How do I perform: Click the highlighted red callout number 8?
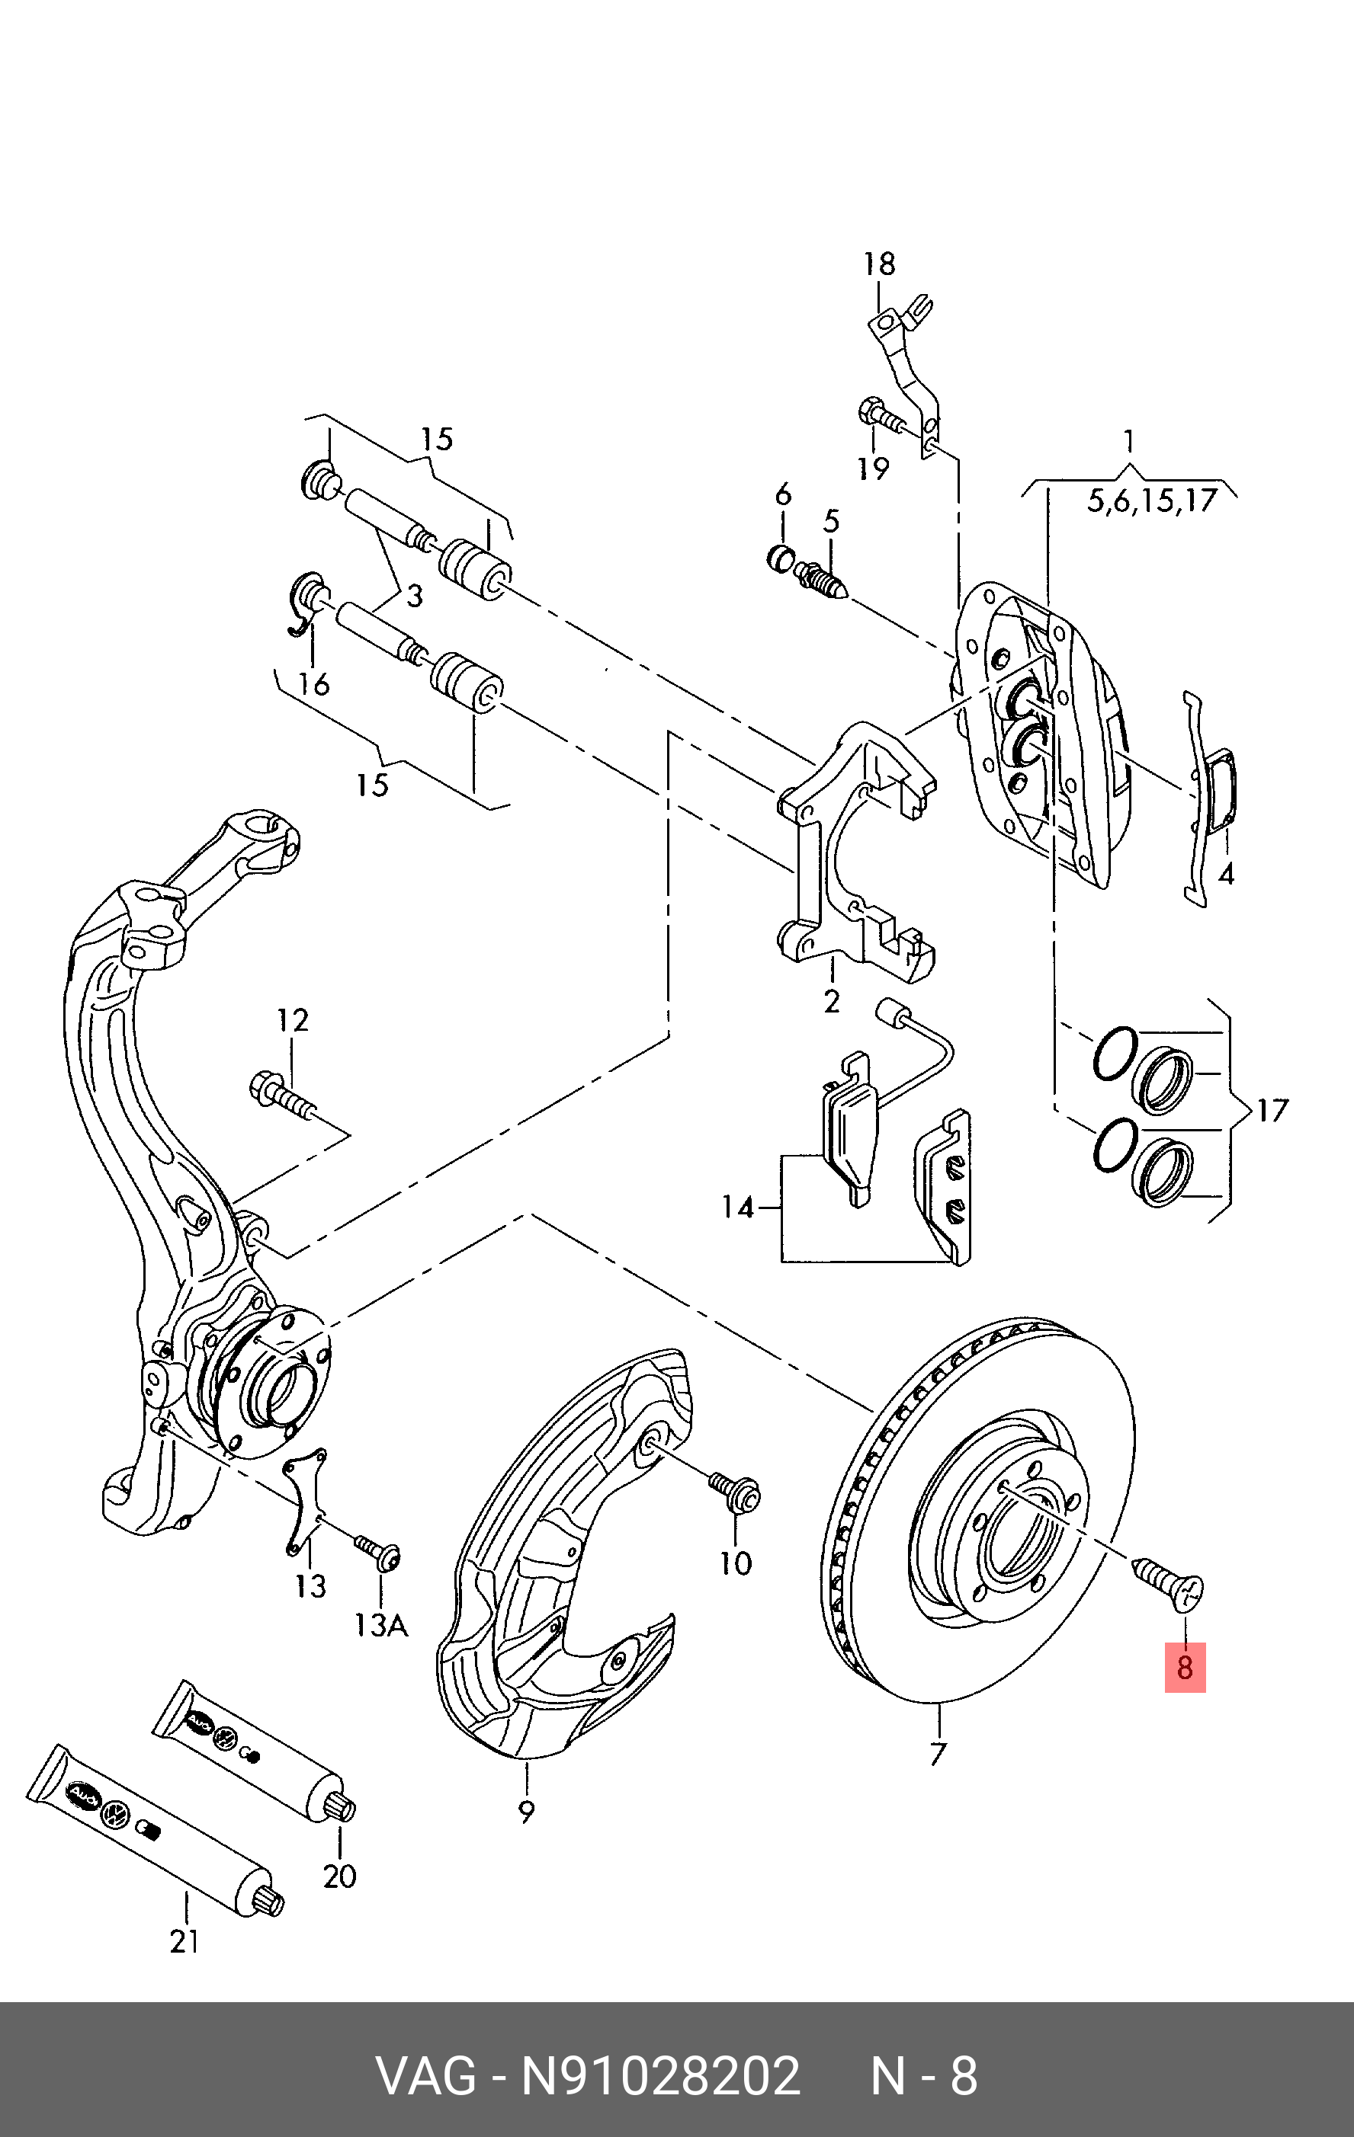(1185, 1667)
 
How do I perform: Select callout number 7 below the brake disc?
(938, 1755)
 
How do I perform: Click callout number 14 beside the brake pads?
(737, 1207)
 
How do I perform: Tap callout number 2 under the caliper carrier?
(831, 1002)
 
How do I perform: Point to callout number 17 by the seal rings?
(1272, 1110)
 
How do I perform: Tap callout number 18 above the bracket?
(879, 264)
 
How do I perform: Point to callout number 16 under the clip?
(314, 683)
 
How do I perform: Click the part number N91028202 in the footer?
(659, 2076)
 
